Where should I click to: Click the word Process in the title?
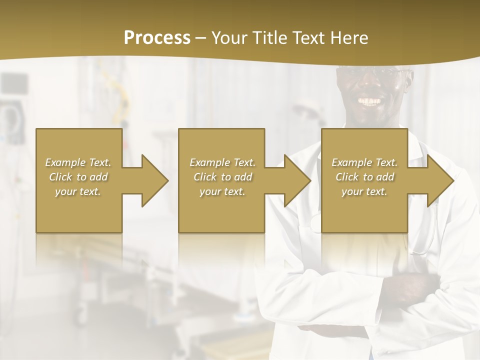click(157, 38)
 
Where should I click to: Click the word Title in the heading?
click(269, 38)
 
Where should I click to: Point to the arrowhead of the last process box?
click(439, 180)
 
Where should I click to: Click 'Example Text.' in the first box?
click(78, 162)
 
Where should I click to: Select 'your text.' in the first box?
click(78, 191)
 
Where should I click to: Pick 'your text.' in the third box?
click(364, 191)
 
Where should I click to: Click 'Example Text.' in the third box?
click(364, 162)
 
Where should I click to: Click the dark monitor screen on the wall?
click(13, 83)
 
